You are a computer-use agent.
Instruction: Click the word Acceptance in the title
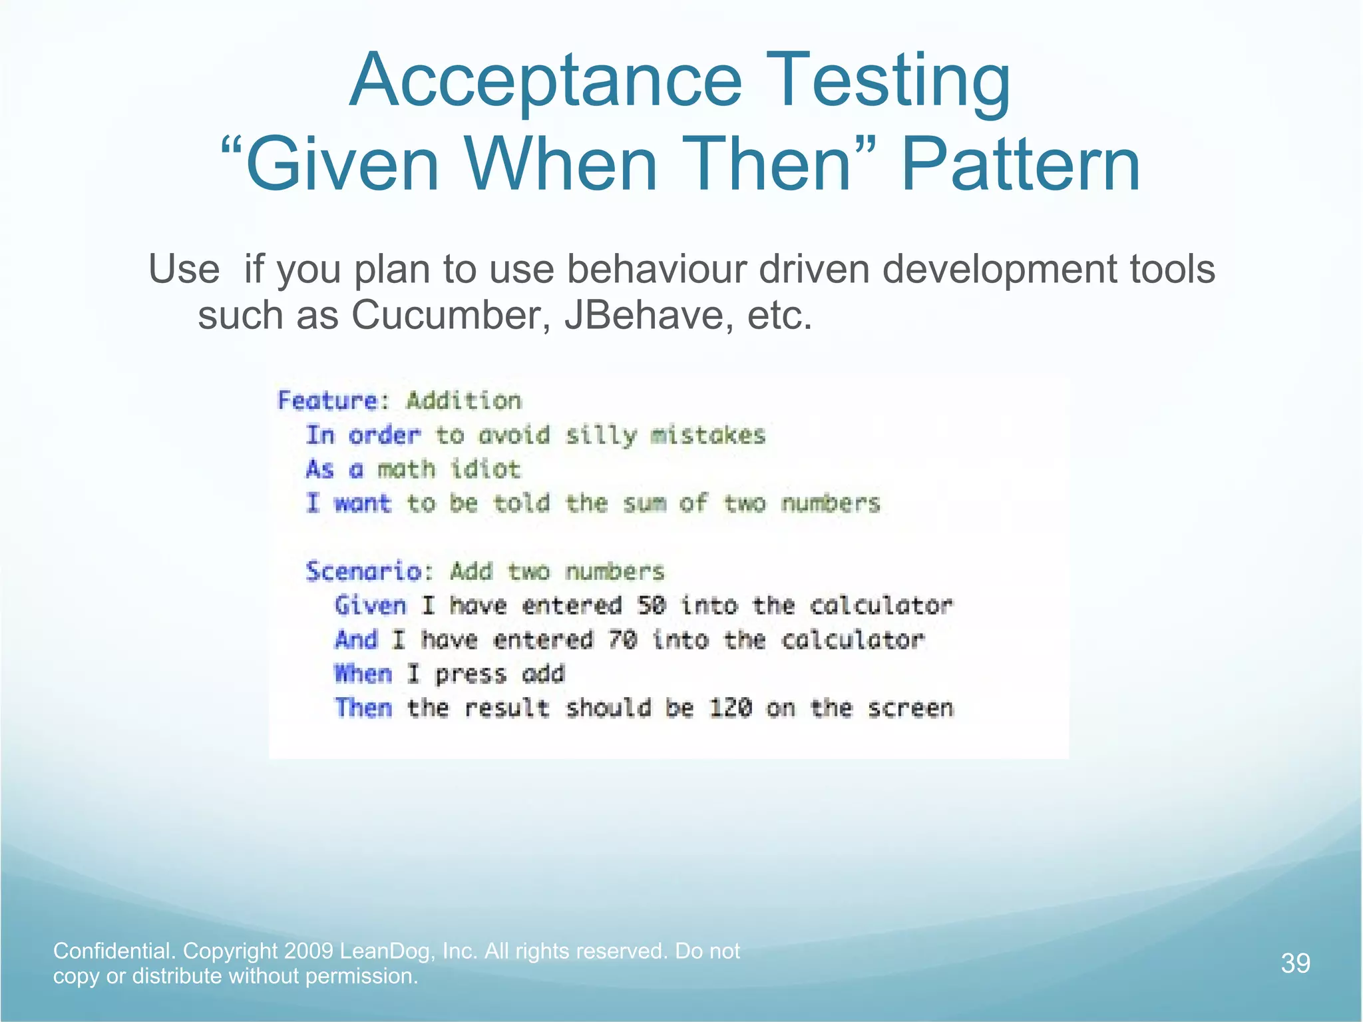[x=546, y=81]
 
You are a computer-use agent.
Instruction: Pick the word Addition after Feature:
[x=464, y=401]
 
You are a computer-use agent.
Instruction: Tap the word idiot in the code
[x=485, y=469]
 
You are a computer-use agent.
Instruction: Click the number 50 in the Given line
[x=651, y=606]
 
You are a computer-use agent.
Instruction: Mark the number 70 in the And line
[x=622, y=640]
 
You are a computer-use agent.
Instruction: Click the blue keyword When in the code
[x=363, y=674]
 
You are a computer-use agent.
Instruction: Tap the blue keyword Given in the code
[x=370, y=606]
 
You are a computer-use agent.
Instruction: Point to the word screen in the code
[x=910, y=708]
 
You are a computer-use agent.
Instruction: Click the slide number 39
[x=1295, y=963]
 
